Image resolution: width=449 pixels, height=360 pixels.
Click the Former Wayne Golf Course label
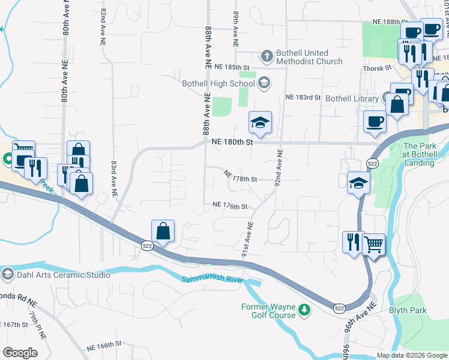coord(268,311)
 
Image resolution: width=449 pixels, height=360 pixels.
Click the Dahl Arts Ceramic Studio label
coord(64,275)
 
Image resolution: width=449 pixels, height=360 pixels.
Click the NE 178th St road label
coord(240,177)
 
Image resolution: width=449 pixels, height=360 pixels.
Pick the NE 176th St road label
coord(231,206)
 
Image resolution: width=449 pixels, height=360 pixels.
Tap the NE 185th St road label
coord(231,67)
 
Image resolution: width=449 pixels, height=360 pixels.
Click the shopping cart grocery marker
coord(373,245)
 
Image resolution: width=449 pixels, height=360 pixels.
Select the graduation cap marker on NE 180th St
coord(260,122)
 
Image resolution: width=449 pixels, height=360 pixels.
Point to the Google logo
coord(20,353)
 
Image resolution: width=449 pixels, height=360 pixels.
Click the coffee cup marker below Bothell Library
coord(375,121)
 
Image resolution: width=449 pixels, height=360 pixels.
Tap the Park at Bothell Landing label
coord(420,154)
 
